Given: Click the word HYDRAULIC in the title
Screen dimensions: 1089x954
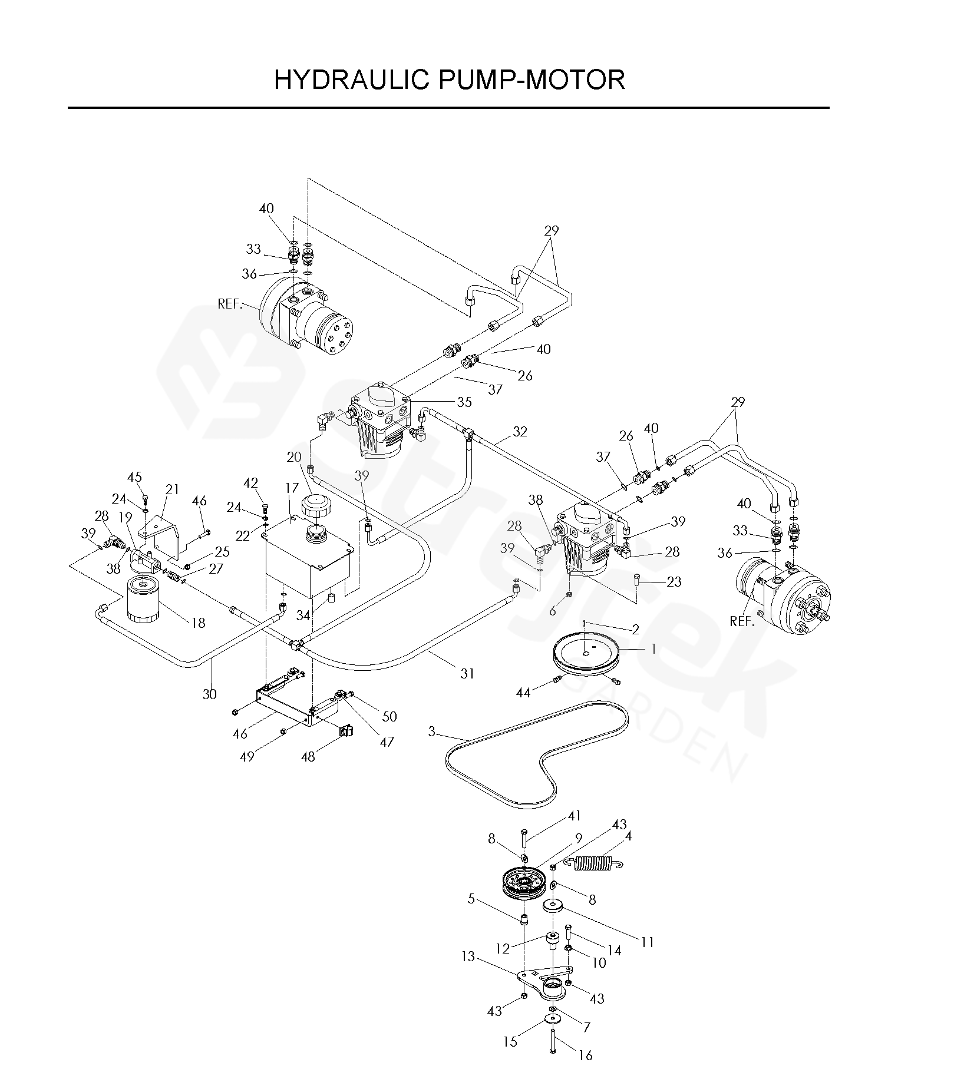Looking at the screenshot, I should click(x=352, y=80).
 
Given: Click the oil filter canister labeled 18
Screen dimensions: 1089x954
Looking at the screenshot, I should click(x=141, y=599).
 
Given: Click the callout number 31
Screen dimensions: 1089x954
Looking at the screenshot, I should click(x=467, y=673).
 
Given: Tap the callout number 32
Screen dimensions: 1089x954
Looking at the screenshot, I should click(x=519, y=432).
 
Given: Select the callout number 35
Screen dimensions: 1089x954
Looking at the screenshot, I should click(x=464, y=402).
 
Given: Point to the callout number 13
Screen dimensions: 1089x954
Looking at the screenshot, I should click(x=468, y=956).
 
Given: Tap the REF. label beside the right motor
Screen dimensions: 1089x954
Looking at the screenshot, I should click(x=742, y=621).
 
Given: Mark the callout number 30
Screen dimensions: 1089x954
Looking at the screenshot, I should click(x=210, y=694).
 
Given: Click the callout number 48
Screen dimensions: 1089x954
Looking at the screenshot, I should click(x=308, y=756).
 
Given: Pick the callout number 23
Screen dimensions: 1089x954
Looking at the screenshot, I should click(x=674, y=582).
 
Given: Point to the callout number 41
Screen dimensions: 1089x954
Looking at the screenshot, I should click(x=575, y=816).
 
